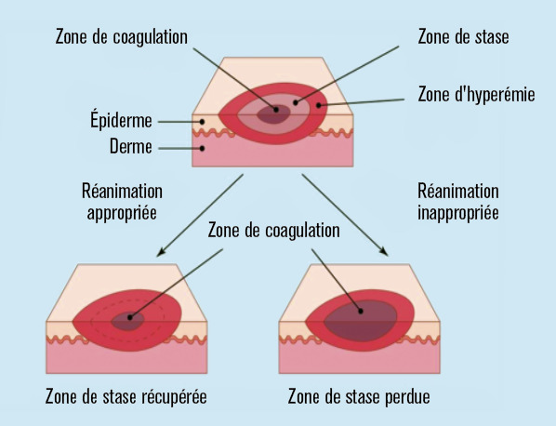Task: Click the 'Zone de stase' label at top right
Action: pyautogui.click(x=463, y=36)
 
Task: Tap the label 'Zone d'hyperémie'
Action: pyautogui.click(x=476, y=95)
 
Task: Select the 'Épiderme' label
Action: pyautogui.click(x=121, y=120)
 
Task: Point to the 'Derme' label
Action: pyautogui.click(x=131, y=146)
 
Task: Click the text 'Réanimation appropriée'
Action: pyautogui.click(x=123, y=202)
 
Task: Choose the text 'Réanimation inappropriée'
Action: pyautogui.click(x=458, y=202)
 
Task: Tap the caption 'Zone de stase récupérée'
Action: pyautogui.click(x=126, y=396)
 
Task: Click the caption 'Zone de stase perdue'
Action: pyautogui.click(x=359, y=396)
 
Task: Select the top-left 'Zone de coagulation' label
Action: pyautogui.click(x=122, y=37)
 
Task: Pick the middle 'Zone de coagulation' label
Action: pyautogui.click(x=273, y=231)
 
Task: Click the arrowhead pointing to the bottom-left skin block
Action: pyautogui.click(x=162, y=251)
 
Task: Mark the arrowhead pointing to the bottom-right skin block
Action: pyautogui.click(x=384, y=251)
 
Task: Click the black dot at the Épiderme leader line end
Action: pyautogui.click(x=202, y=122)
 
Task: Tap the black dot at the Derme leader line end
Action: pyautogui.click(x=202, y=148)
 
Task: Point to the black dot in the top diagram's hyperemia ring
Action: pyautogui.click(x=318, y=105)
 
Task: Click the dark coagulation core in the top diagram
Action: pyautogui.click(x=273, y=114)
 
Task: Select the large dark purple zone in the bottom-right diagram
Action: pyautogui.click(x=361, y=321)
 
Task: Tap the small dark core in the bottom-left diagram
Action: pyautogui.click(x=127, y=321)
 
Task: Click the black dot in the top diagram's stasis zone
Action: pyautogui.click(x=296, y=102)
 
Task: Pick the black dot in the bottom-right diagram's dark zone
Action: pyautogui.click(x=361, y=312)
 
